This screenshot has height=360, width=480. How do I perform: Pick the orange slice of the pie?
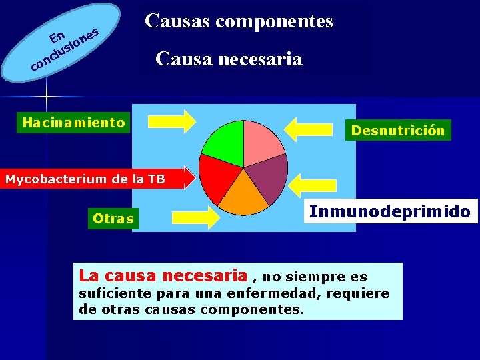(x=243, y=197)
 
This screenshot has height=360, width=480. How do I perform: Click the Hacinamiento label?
(x=73, y=123)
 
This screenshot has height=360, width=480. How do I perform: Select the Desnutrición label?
(x=398, y=131)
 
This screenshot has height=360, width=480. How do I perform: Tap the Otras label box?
(x=113, y=219)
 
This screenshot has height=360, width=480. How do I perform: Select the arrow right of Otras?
(x=196, y=217)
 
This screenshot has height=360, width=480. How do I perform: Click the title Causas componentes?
(x=239, y=21)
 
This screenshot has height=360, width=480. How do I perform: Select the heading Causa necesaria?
(x=229, y=59)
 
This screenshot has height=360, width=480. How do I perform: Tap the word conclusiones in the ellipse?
(x=62, y=53)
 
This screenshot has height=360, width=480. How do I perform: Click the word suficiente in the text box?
(x=114, y=294)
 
